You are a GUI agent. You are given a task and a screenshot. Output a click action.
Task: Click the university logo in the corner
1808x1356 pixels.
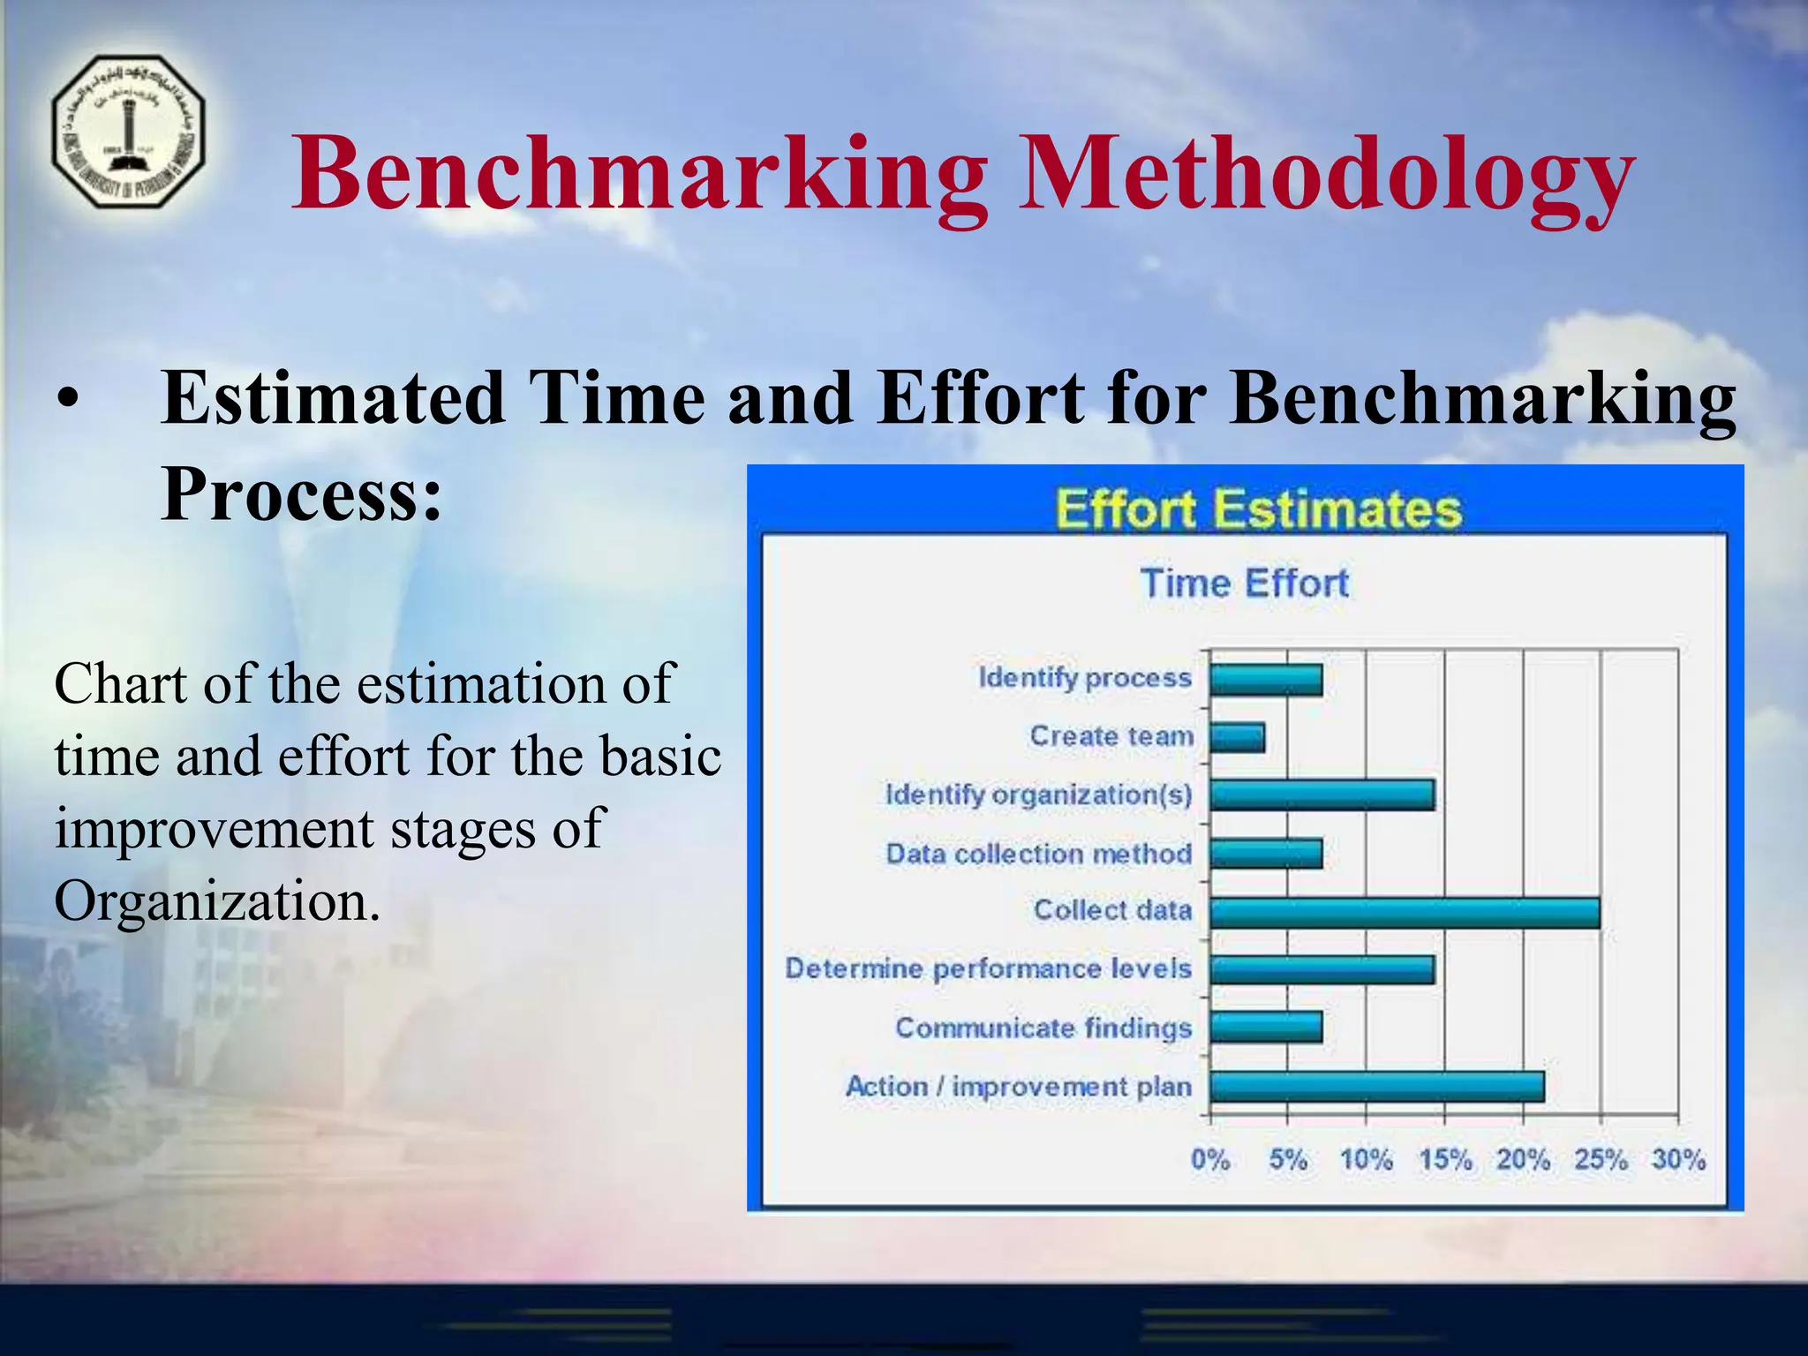click(x=129, y=132)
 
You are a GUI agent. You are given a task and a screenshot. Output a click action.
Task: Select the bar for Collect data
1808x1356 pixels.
click(x=1404, y=912)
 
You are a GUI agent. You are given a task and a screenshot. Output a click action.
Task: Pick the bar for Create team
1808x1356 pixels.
click(x=1237, y=737)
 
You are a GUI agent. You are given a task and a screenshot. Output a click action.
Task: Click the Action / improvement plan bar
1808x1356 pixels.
click(x=1376, y=1087)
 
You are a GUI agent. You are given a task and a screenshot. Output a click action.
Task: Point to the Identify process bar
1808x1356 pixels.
click(x=1266, y=680)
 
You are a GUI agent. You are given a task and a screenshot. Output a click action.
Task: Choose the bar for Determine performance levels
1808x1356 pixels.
click(x=1322, y=969)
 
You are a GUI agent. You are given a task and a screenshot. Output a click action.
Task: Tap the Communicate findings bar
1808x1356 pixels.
click(x=1266, y=1028)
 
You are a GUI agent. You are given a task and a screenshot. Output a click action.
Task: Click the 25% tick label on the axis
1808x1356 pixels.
click(x=1600, y=1159)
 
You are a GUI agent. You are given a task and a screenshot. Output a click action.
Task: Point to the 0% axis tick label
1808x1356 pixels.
click(x=1210, y=1159)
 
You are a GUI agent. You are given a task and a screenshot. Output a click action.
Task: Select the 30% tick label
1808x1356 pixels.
click(x=1678, y=1159)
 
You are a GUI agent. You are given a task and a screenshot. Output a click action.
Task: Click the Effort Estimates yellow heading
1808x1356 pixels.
click(x=1258, y=509)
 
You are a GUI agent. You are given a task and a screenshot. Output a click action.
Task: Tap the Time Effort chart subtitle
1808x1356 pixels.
click(x=1245, y=584)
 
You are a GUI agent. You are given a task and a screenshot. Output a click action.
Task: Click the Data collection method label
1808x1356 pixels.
click(x=1039, y=854)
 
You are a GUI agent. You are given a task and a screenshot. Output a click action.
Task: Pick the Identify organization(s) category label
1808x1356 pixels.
click(x=1039, y=795)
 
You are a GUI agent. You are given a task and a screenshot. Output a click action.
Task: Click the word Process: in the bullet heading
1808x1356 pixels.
click(x=301, y=494)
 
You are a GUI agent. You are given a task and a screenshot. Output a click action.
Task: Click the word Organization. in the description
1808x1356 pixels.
click(x=217, y=901)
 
